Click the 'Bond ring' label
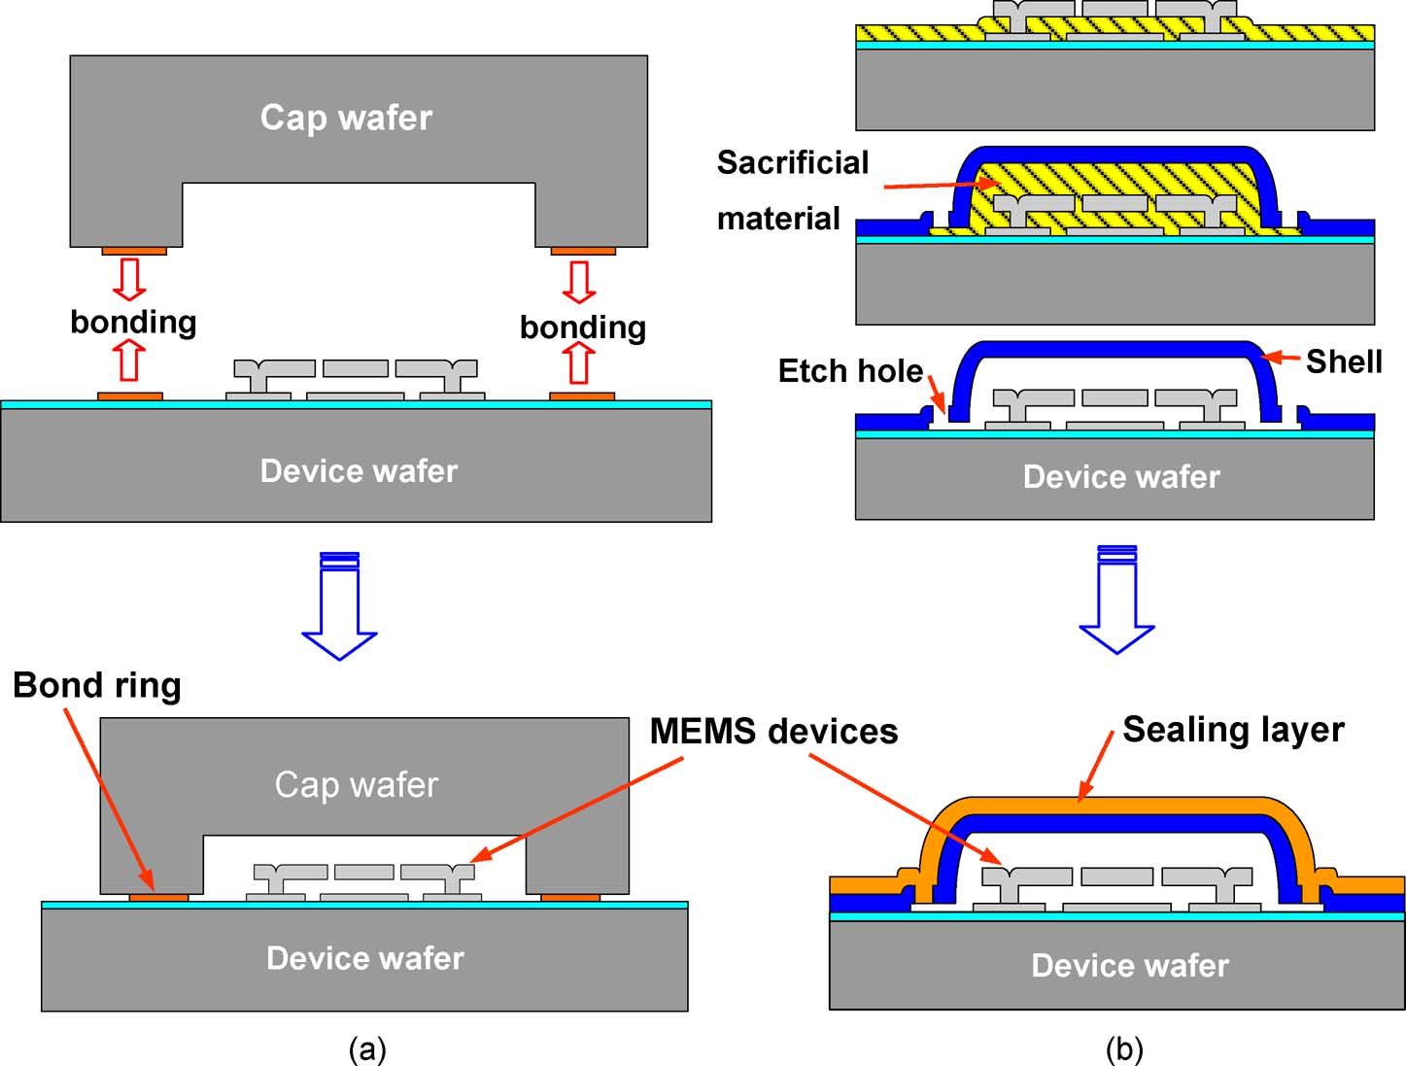(x=96, y=686)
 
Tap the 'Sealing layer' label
(x=1233, y=730)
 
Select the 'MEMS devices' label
(x=773, y=732)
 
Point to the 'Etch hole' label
(x=850, y=371)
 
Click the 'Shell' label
(x=1343, y=361)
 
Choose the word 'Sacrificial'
(x=793, y=163)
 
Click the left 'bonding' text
(x=133, y=322)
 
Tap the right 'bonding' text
(x=583, y=327)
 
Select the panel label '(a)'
(x=367, y=1049)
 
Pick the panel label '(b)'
(x=1124, y=1049)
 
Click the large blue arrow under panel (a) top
(x=339, y=606)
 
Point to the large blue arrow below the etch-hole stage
(x=1116, y=600)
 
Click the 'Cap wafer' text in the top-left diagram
(x=346, y=118)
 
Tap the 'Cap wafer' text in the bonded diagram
(x=356, y=784)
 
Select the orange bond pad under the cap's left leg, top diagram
(x=134, y=252)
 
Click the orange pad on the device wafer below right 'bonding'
(x=582, y=396)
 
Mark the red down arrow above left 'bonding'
(x=129, y=279)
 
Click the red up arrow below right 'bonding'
(x=580, y=364)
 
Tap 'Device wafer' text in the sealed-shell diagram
(x=1130, y=966)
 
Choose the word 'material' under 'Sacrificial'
(x=778, y=220)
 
